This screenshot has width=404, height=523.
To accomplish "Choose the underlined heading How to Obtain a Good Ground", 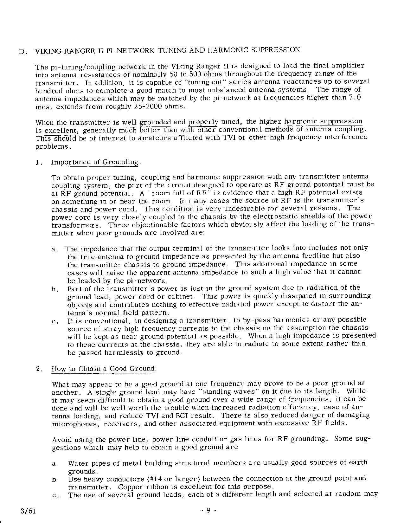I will [x=104, y=369].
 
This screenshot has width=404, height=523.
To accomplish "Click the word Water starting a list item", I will [x=77, y=463].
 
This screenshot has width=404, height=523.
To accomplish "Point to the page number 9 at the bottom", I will [x=208, y=510].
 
